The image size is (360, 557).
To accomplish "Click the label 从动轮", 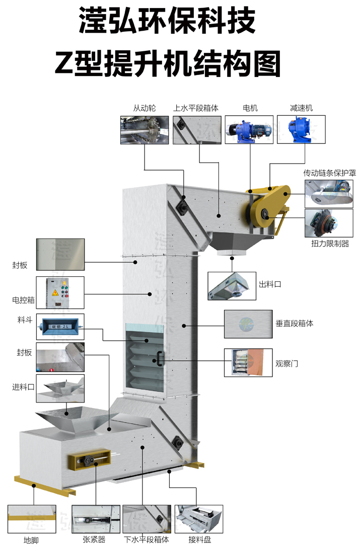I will (145, 108).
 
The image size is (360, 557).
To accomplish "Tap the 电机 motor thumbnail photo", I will (249, 130).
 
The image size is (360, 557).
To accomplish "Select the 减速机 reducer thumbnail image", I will (301, 130).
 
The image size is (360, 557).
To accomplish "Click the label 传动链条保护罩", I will (330, 173).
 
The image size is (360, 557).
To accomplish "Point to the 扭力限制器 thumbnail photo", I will (329, 223).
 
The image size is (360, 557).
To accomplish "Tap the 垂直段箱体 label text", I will (295, 324).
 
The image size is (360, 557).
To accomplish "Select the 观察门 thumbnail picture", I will (248, 362).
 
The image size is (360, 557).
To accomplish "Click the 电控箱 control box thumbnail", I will (60, 293).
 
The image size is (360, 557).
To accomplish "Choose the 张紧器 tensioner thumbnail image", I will (96, 519).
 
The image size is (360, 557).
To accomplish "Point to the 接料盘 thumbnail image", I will (198, 519).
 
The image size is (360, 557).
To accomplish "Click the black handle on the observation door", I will (159, 358).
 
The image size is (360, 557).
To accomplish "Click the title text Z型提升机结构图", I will (168, 63).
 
